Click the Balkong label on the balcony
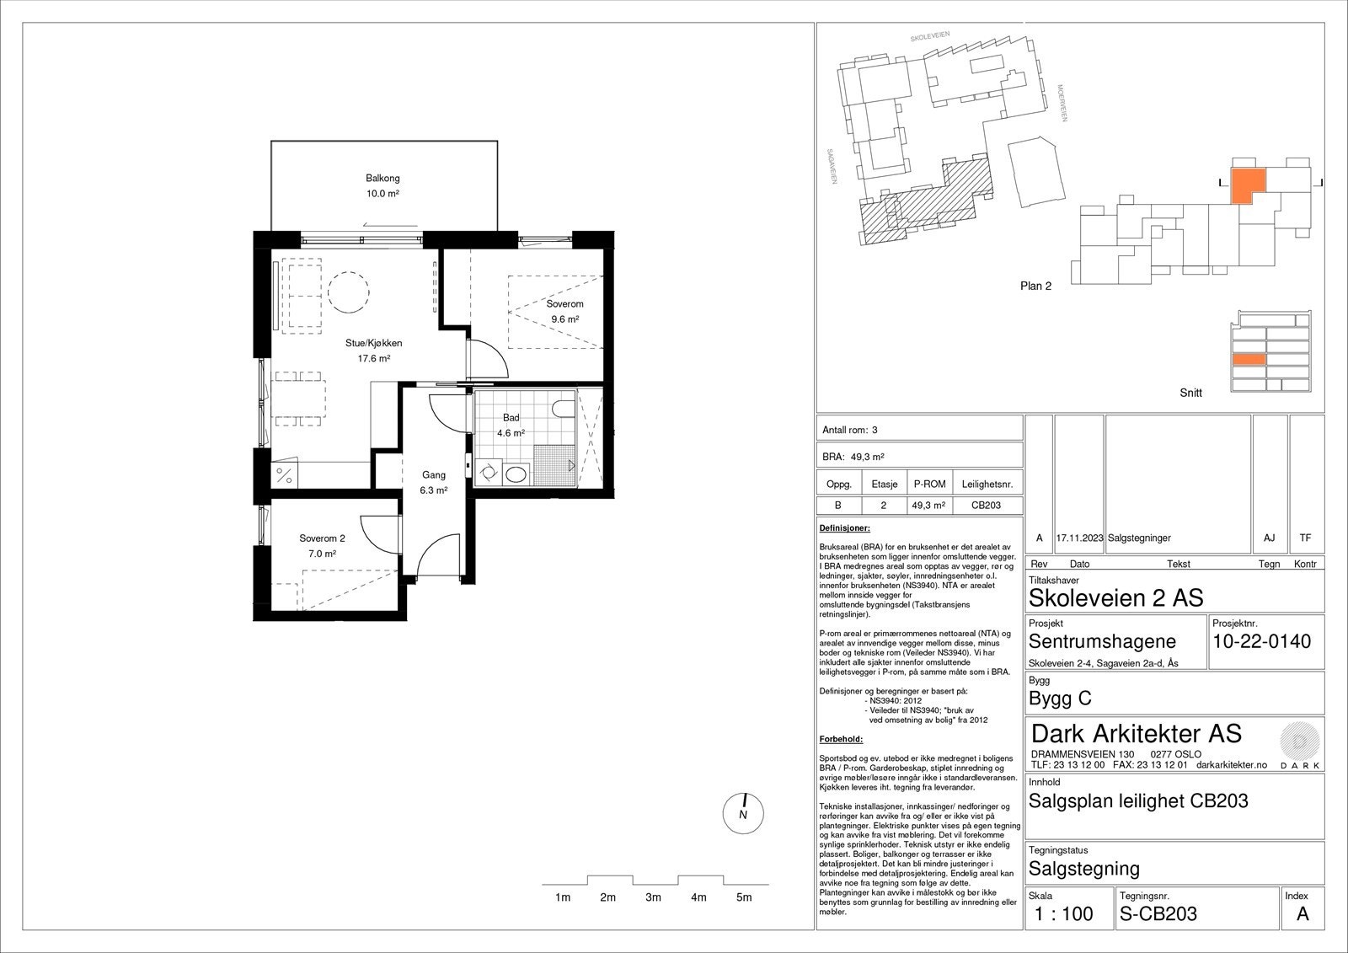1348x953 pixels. [x=382, y=179]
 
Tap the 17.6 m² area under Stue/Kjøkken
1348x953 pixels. [x=372, y=358]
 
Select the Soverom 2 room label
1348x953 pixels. [x=322, y=538]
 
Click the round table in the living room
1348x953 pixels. [x=347, y=292]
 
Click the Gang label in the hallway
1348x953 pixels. [x=434, y=475]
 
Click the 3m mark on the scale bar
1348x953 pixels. [x=653, y=897]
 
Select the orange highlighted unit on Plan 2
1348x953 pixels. [x=1248, y=184]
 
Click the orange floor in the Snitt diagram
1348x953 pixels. [x=1249, y=360]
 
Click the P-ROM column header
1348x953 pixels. [x=929, y=485]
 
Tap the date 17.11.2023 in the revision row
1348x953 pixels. [x=1079, y=538]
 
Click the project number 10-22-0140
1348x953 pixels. [x=1261, y=641]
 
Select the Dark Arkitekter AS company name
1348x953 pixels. [x=1136, y=733]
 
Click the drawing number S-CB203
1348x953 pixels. [x=1158, y=913]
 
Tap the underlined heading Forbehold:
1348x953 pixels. [x=841, y=739]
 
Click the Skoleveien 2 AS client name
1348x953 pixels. [x=1115, y=598]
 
